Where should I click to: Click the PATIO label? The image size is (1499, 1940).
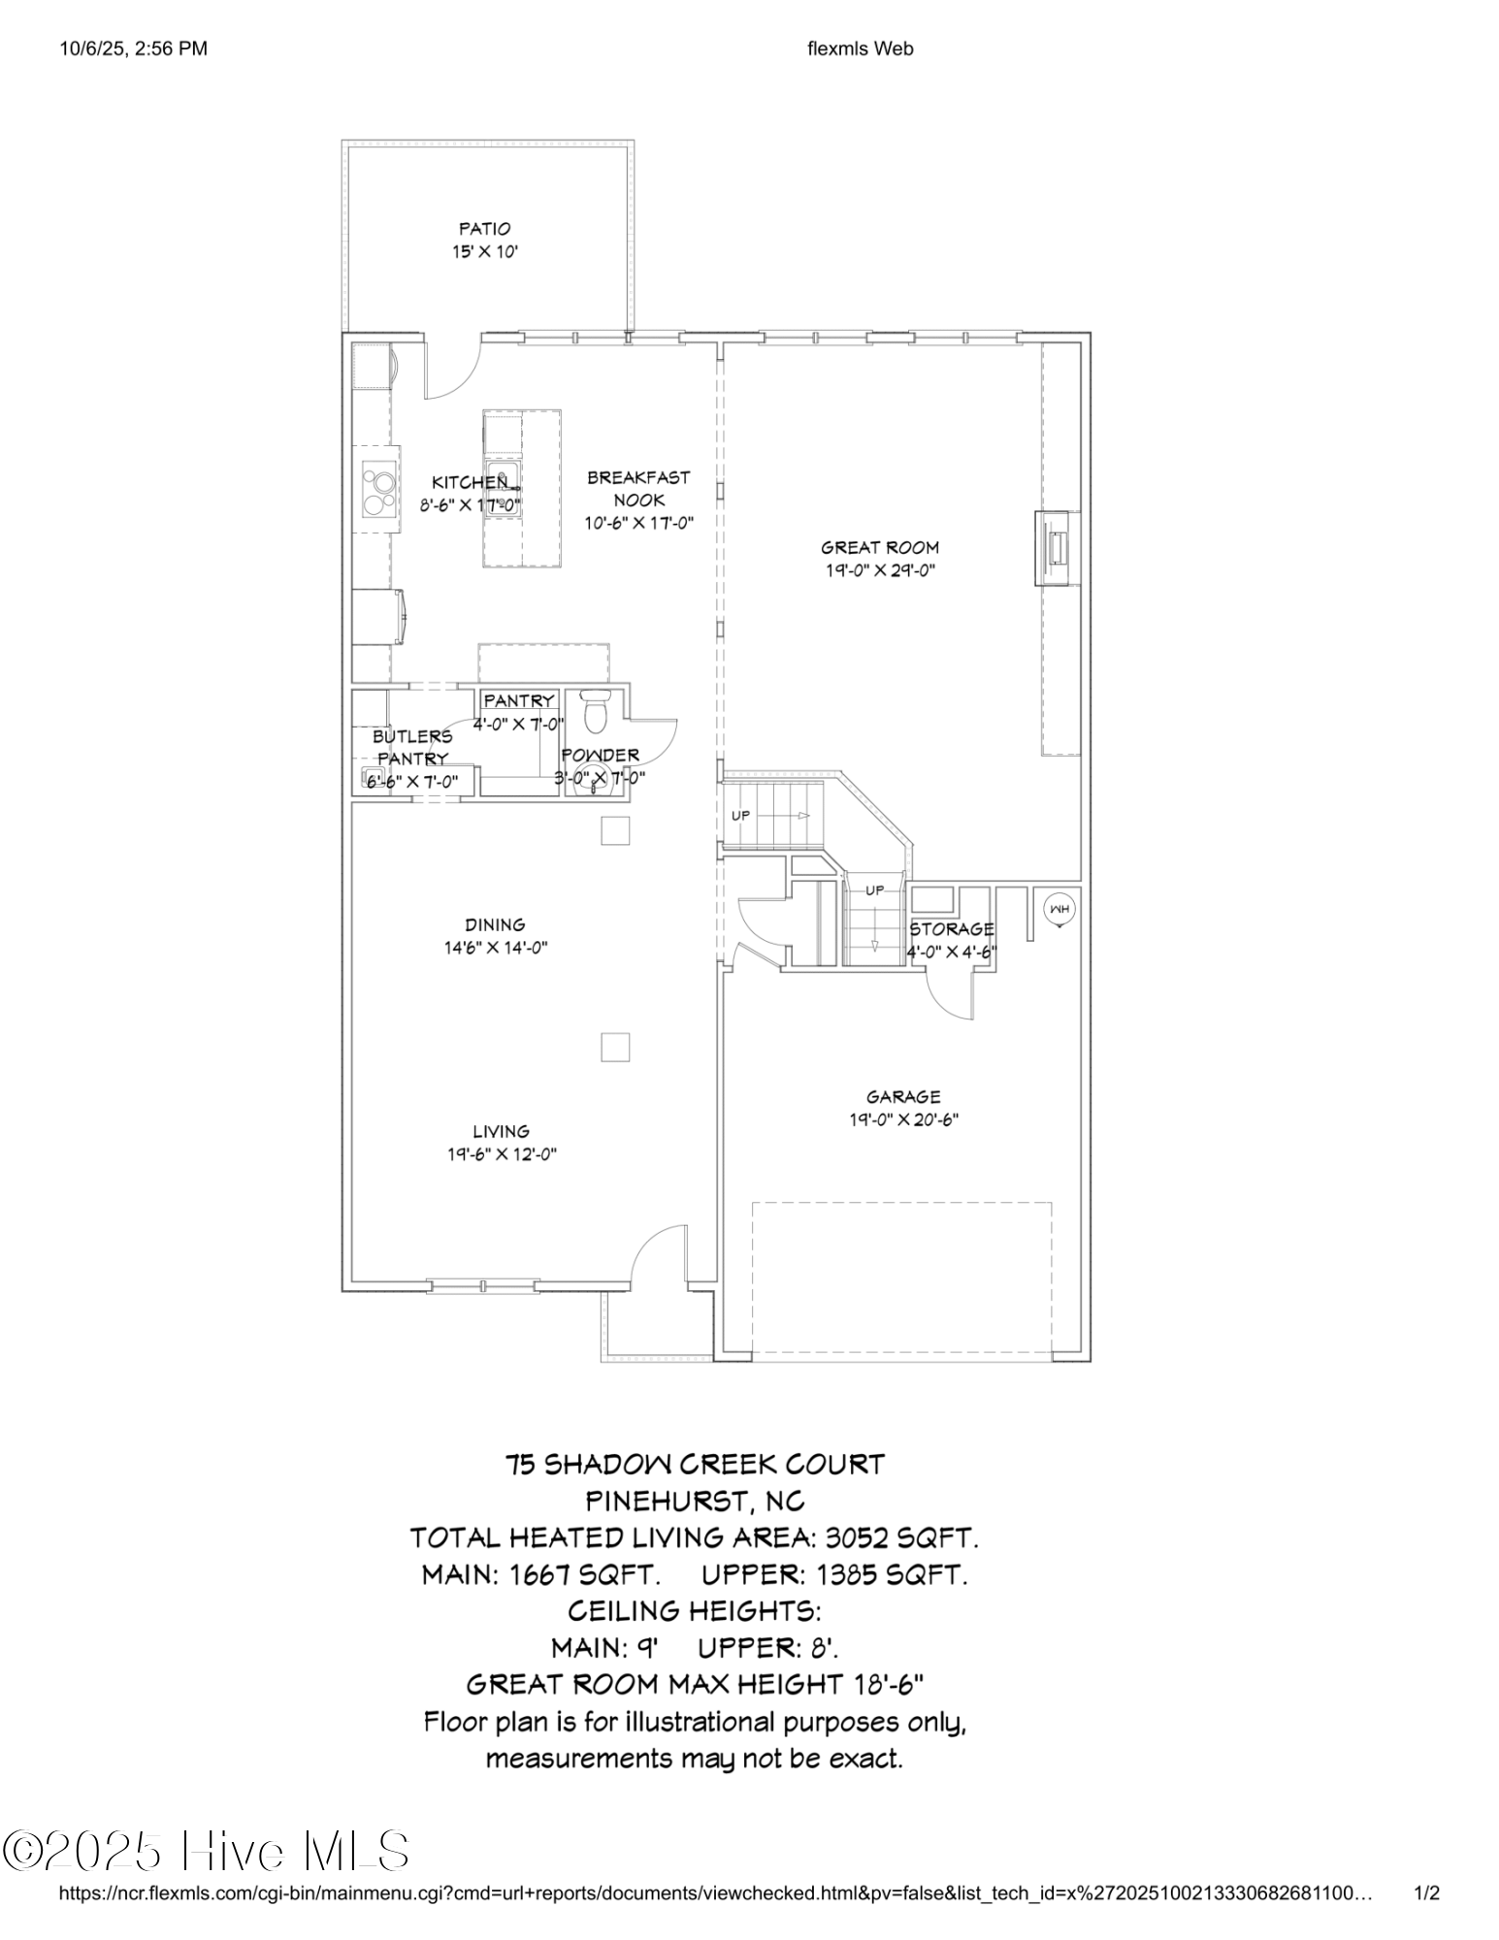tap(485, 229)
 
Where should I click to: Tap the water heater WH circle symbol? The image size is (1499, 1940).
tap(1059, 910)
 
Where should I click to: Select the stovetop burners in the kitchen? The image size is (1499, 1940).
tap(378, 489)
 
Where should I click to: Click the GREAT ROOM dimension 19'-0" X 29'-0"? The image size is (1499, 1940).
tap(880, 571)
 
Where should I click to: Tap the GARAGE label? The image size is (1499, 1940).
tap(903, 1097)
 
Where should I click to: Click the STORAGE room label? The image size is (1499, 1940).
tap(951, 929)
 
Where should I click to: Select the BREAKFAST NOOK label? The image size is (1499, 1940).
tap(638, 488)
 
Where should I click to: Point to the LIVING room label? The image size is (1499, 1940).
tap(501, 1131)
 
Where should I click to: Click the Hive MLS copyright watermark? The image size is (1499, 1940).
tap(207, 1851)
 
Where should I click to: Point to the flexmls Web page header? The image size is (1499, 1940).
tap(860, 48)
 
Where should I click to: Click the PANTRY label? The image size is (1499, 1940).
tap(519, 700)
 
